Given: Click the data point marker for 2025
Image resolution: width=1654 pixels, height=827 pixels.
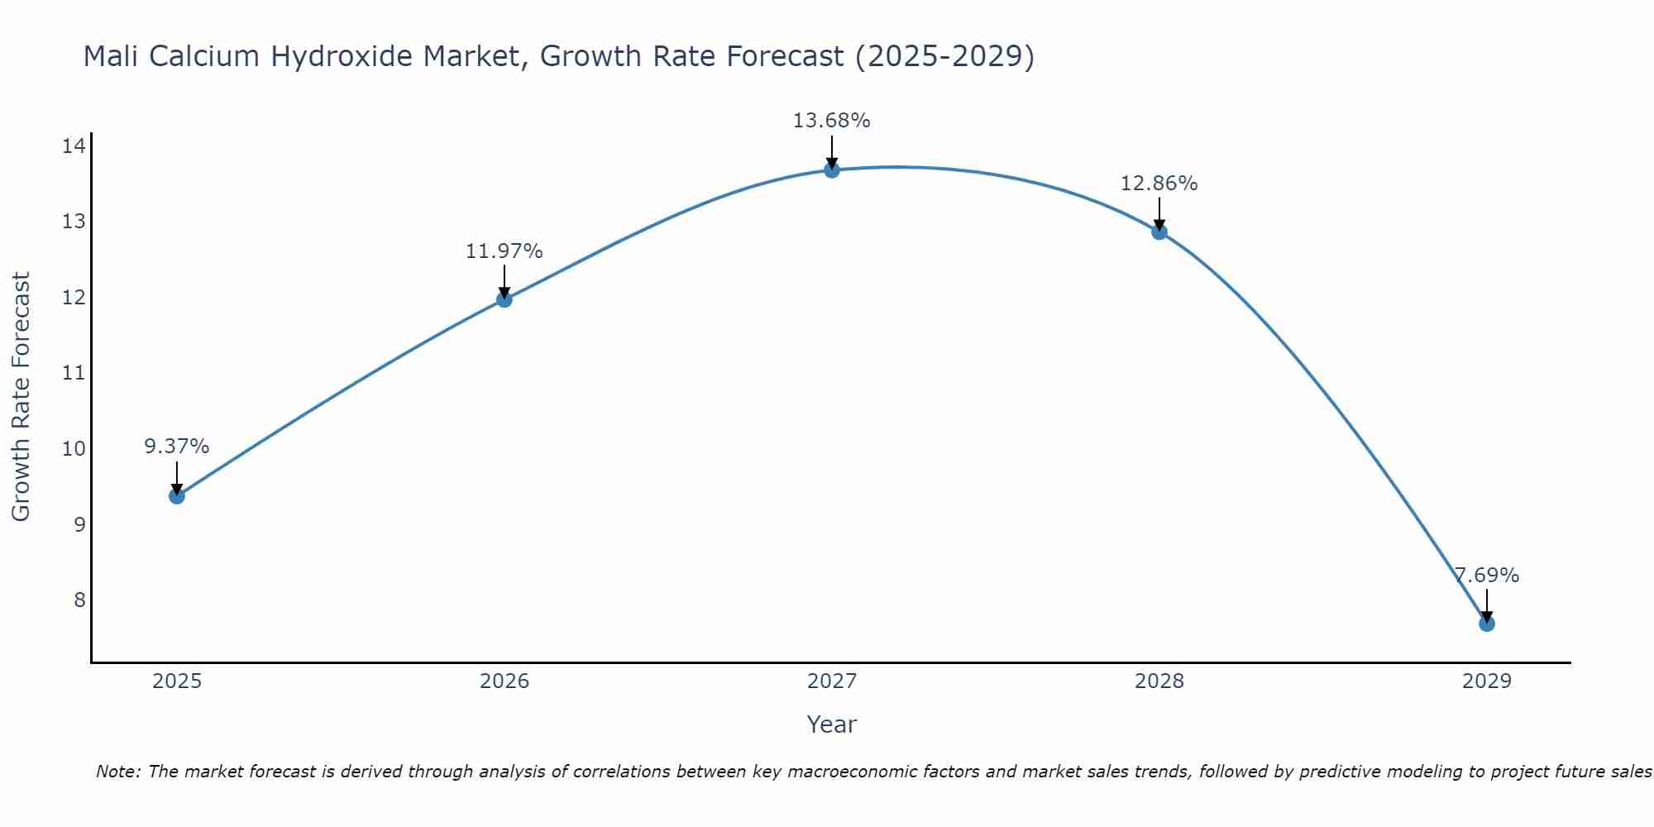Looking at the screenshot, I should coord(177,496).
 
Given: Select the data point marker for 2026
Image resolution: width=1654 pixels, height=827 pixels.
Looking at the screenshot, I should coord(504,299).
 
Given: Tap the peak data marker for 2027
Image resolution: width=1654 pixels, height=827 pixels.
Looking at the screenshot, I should coord(832,170).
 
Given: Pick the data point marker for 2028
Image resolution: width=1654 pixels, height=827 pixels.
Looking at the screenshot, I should coord(1159,232).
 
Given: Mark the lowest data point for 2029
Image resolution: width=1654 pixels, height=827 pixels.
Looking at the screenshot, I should coord(1487,624).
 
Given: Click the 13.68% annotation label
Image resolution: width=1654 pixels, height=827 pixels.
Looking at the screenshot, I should coord(831,121).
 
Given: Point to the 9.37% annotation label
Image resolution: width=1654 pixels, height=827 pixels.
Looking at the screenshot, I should coord(177,447).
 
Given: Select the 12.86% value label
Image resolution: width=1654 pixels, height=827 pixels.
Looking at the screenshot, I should coord(1159,184).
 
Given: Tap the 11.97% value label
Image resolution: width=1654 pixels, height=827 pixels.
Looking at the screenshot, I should coord(504,251).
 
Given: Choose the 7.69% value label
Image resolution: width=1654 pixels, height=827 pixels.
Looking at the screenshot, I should coord(1487,576).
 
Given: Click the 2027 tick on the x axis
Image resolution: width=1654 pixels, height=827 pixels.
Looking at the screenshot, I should coord(832,681).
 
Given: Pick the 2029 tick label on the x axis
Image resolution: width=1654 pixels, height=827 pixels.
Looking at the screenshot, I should coord(1487,681).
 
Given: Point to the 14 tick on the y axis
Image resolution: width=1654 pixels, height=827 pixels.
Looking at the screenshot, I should coord(74,146).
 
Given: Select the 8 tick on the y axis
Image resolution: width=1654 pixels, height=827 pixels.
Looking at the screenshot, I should coord(79,600).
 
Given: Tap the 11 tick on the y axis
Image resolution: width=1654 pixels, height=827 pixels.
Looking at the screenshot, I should coord(74,373).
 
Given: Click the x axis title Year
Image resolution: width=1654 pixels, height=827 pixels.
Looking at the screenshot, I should coord(831,724).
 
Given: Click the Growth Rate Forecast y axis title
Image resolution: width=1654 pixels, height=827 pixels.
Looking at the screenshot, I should coord(21,397).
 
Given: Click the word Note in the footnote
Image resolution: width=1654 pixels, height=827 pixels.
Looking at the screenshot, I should coord(117,772).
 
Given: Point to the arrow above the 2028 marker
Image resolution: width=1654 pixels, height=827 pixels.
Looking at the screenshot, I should coord(1159,214).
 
